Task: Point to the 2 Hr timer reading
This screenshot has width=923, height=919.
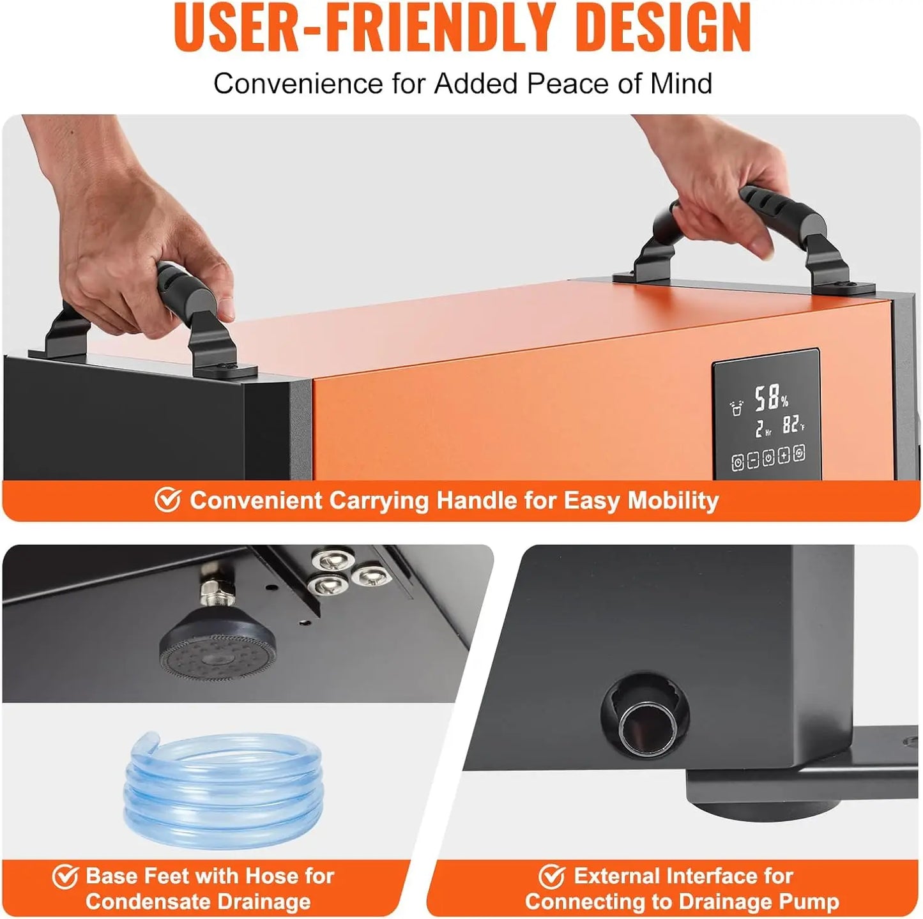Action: point(763,429)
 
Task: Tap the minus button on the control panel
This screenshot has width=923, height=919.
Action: point(753,460)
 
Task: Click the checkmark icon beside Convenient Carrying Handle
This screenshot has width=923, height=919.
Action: point(167,500)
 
